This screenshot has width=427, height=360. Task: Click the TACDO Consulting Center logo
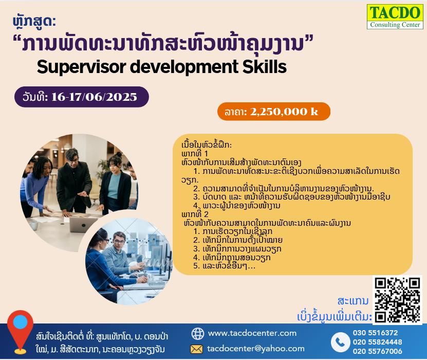coord(395,16)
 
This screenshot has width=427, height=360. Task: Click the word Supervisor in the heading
coord(81,67)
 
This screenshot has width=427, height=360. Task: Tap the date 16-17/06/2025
coord(94,97)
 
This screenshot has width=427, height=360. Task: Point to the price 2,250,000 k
coord(284,112)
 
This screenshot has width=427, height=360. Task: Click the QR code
coord(397,300)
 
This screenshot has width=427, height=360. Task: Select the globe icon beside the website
coord(198,334)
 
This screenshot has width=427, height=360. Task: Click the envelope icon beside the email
coord(196,349)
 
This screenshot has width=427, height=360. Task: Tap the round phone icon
coord(340,342)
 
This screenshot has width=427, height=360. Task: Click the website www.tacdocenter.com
coord(252,333)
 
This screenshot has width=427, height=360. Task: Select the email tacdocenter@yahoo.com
coord(256,349)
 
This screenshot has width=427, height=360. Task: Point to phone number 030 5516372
coord(375,333)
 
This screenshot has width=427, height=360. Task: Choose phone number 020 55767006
coord(378,351)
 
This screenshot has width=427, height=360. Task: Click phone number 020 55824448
coord(378,342)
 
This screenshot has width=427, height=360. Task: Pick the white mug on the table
coord(34,225)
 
